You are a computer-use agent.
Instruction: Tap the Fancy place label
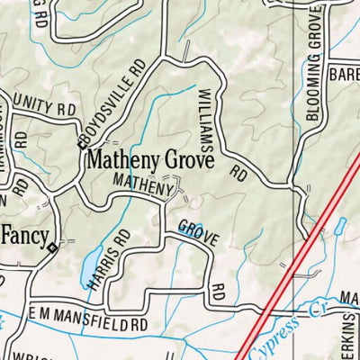[x=24, y=235]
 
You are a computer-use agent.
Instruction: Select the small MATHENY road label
[x=141, y=186]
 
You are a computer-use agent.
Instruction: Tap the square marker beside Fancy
[x=53, y=247]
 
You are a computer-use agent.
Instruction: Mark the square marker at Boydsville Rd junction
[x=78, y=145]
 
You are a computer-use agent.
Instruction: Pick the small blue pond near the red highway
[x=340, y=225]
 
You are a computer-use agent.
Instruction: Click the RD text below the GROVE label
[x=216, y=292]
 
